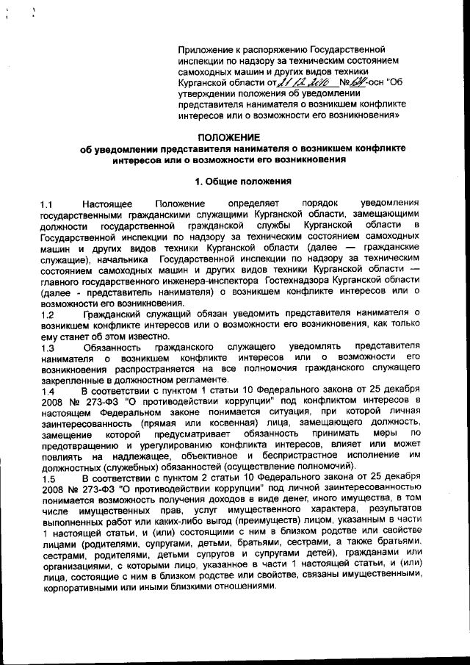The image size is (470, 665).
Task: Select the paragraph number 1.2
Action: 48,314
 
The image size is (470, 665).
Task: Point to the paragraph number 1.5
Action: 48,478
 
